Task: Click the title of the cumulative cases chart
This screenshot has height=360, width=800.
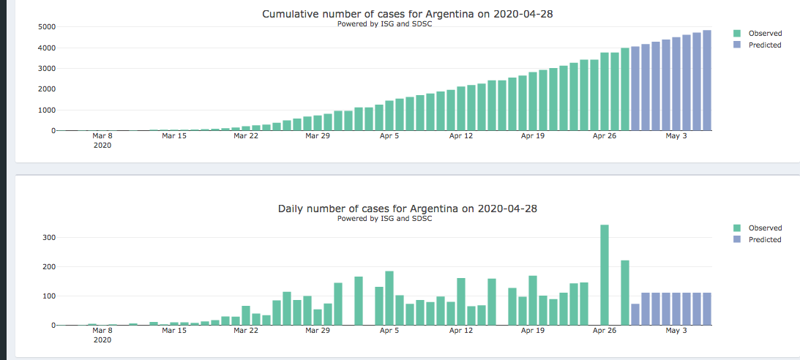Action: pos(407,14)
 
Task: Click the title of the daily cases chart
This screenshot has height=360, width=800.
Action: pos(407,209)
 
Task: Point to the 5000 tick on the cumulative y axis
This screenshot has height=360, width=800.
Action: pos(47,27)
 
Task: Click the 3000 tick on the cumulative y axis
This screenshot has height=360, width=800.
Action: pos(47,69)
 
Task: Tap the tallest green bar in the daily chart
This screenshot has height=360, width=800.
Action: pos(605,274)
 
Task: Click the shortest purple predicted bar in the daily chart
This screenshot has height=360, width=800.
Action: pos(635,315)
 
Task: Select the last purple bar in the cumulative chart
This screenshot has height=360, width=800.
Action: pos(707,80)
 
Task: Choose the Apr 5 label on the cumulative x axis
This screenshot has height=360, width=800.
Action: pos(389,136)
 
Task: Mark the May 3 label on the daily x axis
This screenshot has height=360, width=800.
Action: pos(676,331)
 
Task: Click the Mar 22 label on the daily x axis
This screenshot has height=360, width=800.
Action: pos(246,331)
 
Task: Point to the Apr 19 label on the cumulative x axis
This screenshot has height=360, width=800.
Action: pos(533,136)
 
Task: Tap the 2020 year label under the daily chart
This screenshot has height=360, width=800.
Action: pos(102,340)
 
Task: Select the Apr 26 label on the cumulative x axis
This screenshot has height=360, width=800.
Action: pos(605,136)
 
